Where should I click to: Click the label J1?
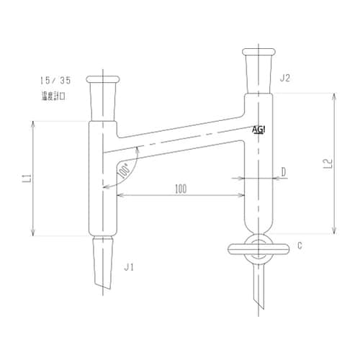point(130,267)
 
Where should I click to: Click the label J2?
point(285,78)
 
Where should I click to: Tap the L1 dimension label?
point(24,179)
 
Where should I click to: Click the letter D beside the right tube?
point(284,171)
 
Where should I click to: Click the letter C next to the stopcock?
point(299,246)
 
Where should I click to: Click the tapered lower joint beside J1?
point(103,263)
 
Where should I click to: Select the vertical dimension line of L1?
point(34,179)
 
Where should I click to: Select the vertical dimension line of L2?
point(334,163)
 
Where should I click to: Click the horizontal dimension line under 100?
point(180,196)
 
